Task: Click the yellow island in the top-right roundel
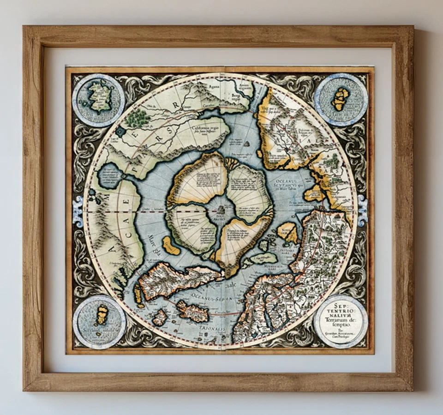click(x=341, y=98)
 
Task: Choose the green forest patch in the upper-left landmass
click(x=137, y=118)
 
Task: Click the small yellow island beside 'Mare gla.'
click(x=171, y=245)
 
